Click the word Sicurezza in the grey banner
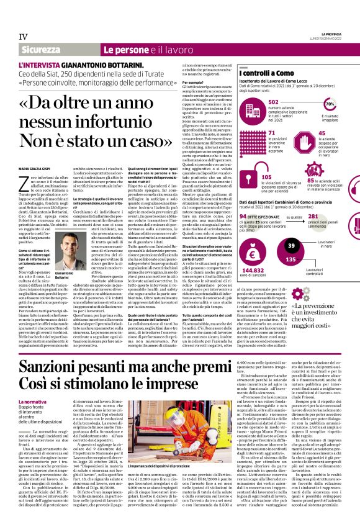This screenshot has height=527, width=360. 41,49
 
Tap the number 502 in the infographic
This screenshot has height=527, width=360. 274,101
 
